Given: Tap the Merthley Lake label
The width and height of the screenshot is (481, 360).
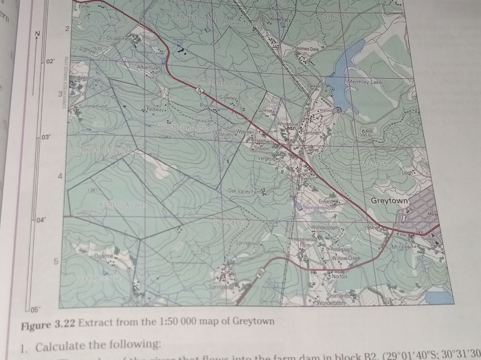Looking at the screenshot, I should (365, 82).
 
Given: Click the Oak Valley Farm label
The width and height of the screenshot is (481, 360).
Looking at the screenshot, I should (244, 191).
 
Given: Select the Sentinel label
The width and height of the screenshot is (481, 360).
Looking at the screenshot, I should (311, 134).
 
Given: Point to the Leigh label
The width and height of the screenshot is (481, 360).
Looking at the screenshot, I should (407, 173).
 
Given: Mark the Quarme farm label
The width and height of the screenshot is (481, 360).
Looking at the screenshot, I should (104, 256).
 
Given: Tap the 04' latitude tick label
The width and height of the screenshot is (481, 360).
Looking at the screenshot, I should (42, 220).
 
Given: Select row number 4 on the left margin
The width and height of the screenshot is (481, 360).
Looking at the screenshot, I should (60, 176).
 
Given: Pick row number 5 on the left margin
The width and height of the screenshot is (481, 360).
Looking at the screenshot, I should (57, 261).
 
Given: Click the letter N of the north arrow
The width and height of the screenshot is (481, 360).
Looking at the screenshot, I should (37, 34).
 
